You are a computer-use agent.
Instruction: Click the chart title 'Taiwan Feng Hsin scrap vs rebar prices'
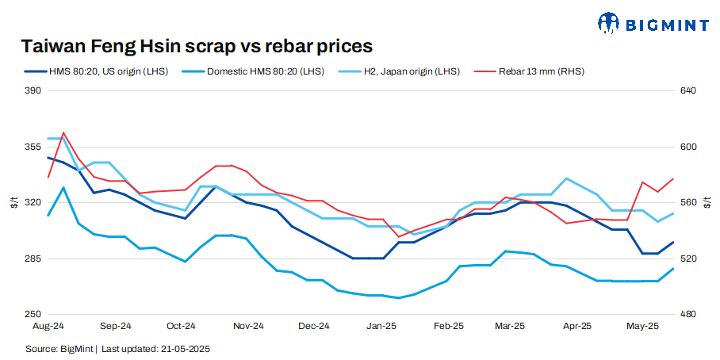(x=197, y=45)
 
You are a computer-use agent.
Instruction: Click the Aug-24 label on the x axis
(x=48, y=326)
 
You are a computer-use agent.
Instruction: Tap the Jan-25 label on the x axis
(x=382, y=326)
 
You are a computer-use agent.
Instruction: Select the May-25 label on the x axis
(x=643, y=326)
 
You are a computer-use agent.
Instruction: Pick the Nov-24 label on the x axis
(x=249, y=326)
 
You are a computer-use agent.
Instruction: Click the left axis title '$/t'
(x=13, y=202)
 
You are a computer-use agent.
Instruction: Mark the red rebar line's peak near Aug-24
(x=63, y=132)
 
